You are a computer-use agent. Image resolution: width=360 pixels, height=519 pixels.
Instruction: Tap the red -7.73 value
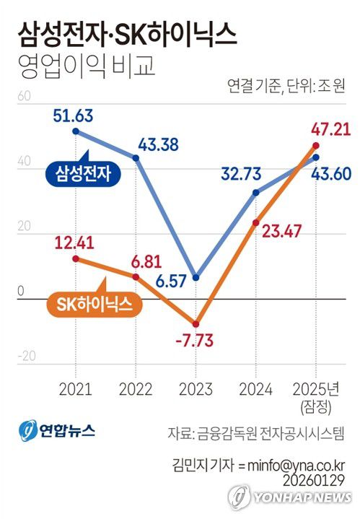point(193,341)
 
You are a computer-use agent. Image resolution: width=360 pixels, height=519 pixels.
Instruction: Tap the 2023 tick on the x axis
point(195,390)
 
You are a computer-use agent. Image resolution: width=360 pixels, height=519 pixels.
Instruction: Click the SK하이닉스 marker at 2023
point(196,323)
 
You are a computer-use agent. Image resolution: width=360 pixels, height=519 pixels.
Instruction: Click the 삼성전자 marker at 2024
point(255,193)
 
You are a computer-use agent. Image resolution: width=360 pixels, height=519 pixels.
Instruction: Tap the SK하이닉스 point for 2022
point(136,276)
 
